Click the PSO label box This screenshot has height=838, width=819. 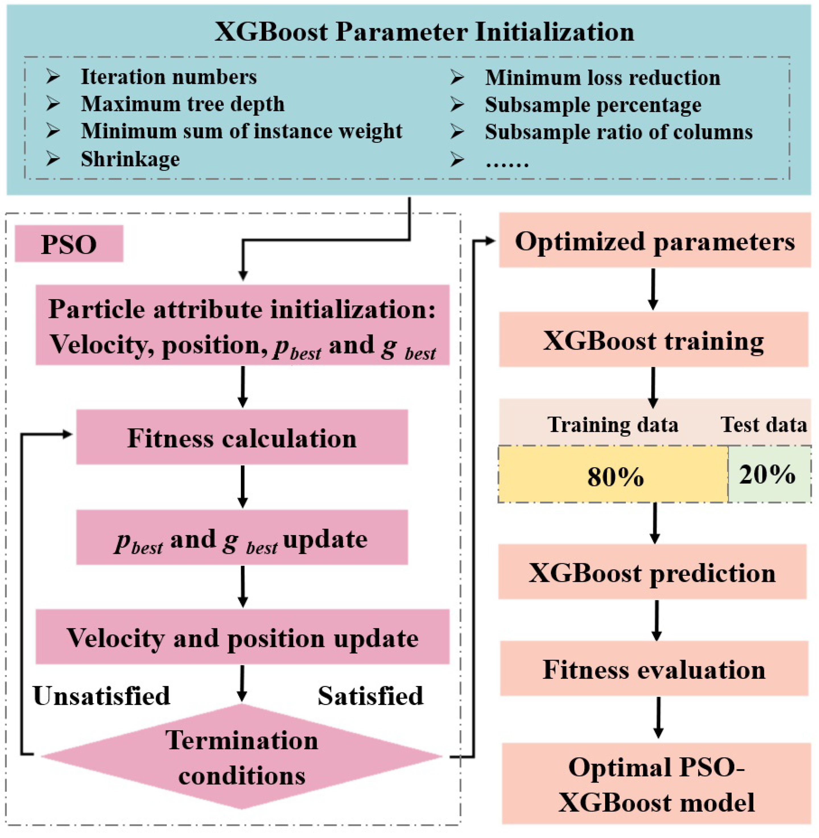click(x=69, y=244)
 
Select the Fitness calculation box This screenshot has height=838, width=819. click(x=242, y=437)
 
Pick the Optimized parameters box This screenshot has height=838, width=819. click(x=654, y=241)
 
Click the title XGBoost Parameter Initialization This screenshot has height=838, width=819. click(x=424, y=32)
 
